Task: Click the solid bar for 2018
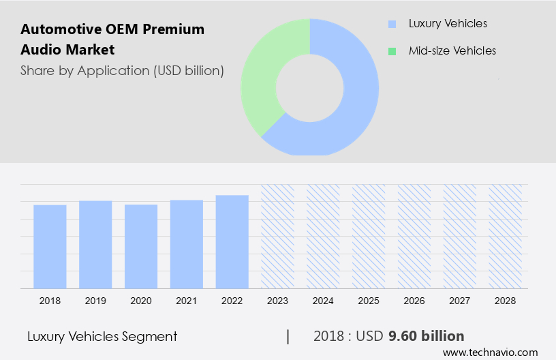50,246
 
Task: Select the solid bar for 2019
95,244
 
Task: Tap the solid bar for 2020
141,246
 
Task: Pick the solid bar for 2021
187,244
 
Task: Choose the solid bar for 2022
232,241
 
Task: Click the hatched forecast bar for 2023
278,236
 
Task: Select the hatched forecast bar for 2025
369,236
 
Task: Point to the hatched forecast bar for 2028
506,236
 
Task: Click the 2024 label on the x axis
323,300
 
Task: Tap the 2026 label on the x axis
414,300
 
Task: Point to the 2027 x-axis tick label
460,300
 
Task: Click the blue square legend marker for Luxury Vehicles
392,24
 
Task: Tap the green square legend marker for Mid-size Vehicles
392,51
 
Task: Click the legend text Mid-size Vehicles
452,51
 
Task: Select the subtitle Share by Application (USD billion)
122,70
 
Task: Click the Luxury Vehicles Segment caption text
102,336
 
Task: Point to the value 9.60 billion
426,336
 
